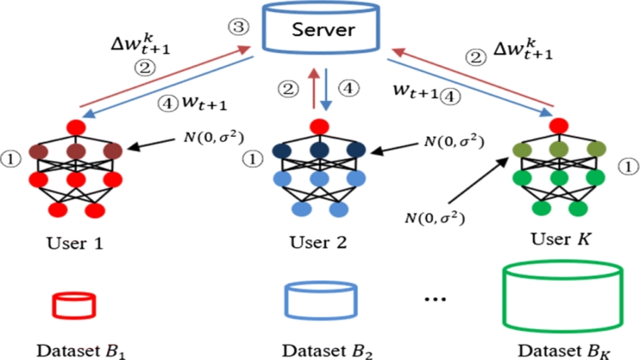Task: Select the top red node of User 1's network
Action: click(x=76, y=129)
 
